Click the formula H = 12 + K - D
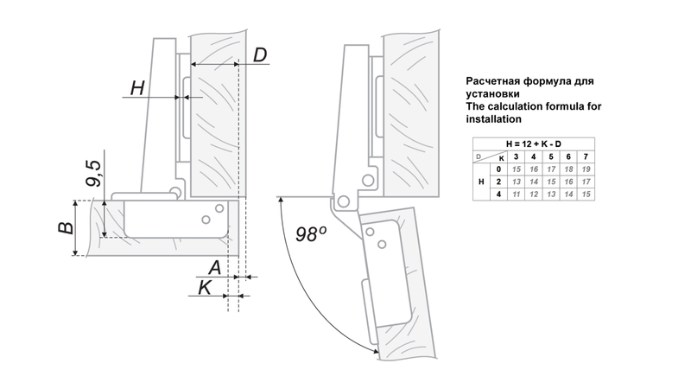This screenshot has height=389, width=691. click(533, 143)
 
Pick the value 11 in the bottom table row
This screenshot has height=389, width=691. click(516, 195)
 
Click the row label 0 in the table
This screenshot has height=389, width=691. click(498, 169)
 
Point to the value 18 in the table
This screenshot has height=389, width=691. click(568, 169)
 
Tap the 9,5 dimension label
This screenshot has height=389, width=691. click(94, 172)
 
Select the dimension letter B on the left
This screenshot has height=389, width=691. click(64, 228)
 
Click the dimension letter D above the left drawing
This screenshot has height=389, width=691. click(260, 55)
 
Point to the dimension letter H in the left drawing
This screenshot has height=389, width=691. click(136, 87)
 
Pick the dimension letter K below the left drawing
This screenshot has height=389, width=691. click(205, 288)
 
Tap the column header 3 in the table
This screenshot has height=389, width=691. click(516, 156)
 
